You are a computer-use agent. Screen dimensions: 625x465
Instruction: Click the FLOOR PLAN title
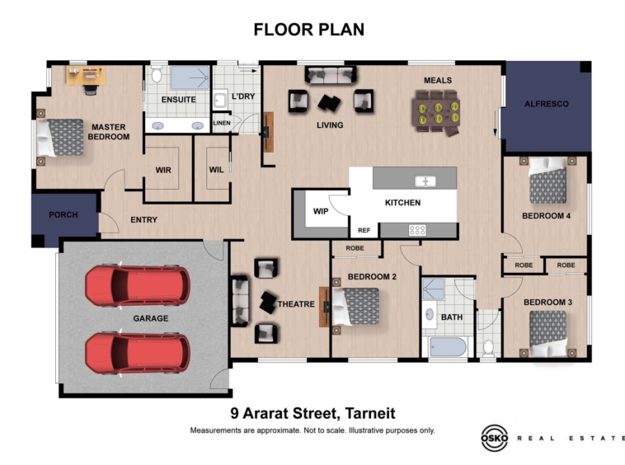[x=309, y=30]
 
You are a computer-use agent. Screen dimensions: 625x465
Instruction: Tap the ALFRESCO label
[x=546, y=104]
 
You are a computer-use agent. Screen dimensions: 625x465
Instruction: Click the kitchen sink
[x=425, y=181]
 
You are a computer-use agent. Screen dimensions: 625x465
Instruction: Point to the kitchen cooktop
[x=417, y=230]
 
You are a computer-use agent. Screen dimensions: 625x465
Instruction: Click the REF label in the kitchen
[x=364, y=230]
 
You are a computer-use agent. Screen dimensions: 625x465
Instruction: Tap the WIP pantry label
[x=321, y=211]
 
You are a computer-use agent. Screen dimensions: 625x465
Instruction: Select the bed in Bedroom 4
[x=547, y=180]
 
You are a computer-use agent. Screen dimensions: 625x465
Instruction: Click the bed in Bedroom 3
[x=547, y=334]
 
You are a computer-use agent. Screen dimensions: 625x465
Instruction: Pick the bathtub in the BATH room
[x=448, y=347]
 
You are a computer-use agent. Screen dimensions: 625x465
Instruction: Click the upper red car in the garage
[x=138, y=285]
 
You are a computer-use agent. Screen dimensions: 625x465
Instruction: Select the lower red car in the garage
[x=138, y=353]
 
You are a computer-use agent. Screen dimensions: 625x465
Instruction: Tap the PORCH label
[x=63, y=214]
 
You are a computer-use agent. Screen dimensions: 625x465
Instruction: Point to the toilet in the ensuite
[x=157, y=73]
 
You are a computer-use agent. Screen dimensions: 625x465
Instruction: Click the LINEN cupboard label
[x=222, y=123]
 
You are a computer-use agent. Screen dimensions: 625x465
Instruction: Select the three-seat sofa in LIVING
[x=331, y=75]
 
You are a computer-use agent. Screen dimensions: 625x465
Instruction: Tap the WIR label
[x=163, y=170]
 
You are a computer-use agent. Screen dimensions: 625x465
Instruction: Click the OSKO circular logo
[x=495, y=438]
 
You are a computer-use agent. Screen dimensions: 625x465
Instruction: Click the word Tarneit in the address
[x=370, y=413]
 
